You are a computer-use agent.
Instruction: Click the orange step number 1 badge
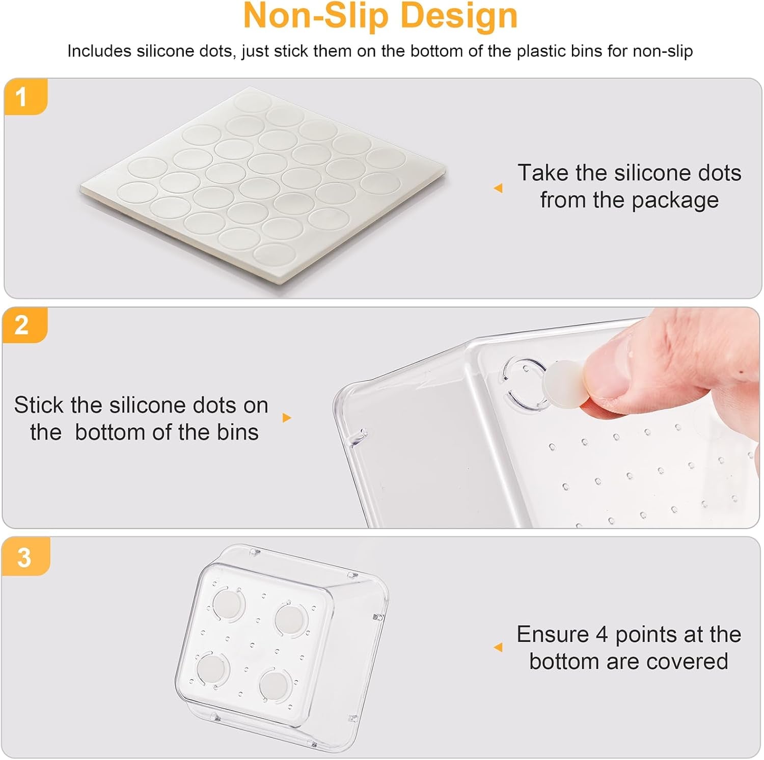[x=23, y=97]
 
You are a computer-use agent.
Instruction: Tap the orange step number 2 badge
[x=23, y=325]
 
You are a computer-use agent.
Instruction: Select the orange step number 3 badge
[x=24, y=557]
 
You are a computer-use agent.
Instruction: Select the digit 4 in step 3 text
[x=602, y=635]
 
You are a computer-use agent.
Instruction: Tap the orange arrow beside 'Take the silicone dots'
[x=498, y=188]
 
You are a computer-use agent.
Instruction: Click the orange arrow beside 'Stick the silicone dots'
[x=287, y=418]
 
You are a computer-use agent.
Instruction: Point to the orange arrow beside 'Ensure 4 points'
[x=498, y=647]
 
